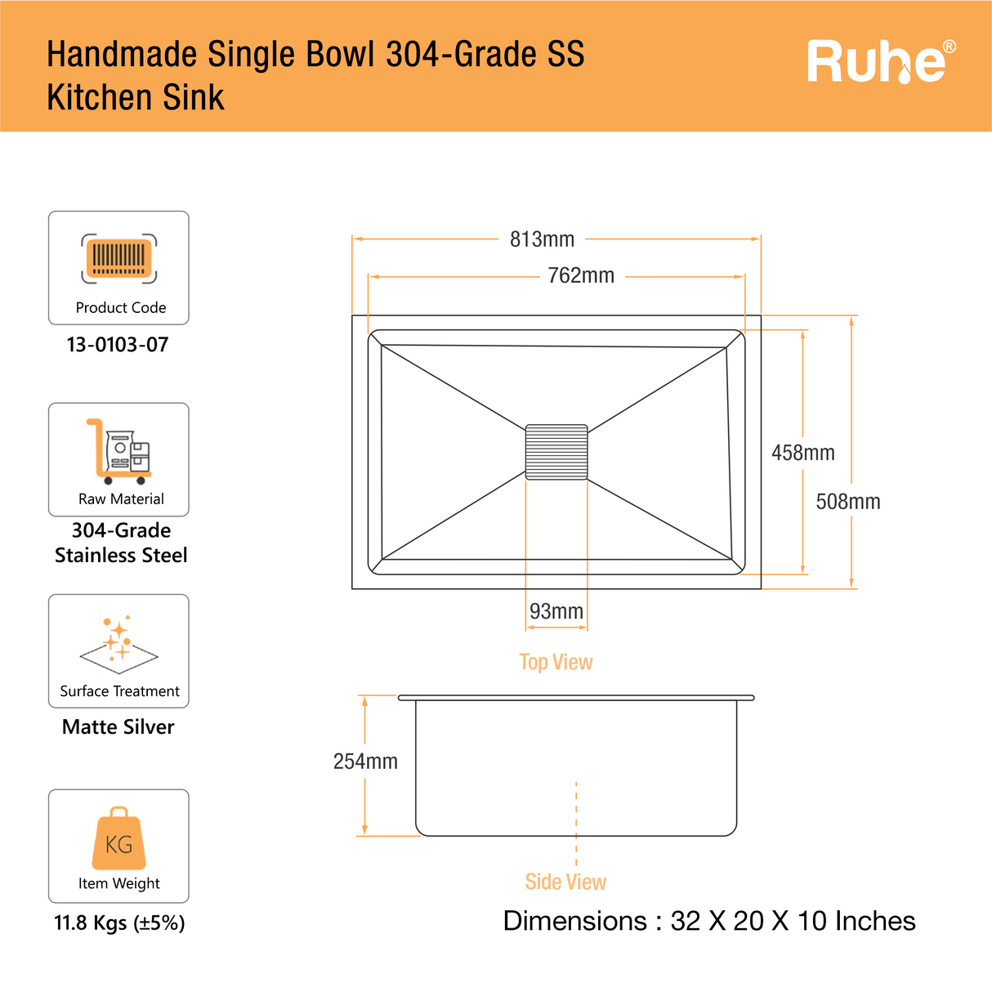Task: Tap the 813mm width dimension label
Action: click(542, 239)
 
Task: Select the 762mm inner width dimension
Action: click(581, 276)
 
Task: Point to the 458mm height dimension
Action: click(803, 453)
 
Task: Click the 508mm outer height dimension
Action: click(848, 502)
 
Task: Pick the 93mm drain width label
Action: click(556, 611)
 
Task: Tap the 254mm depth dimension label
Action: click(365, 762)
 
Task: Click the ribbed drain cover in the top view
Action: click(556, 452)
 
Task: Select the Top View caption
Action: click(556, 662)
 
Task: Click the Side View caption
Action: click(565, 882)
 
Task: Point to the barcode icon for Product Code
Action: click(119, 258)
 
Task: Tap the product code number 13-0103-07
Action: click(118, 344)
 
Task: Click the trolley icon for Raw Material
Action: click(119, 452)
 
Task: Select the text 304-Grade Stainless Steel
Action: click(121, 543)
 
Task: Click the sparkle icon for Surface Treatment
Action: click(119, 645)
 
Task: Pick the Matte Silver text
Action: click(118, 727)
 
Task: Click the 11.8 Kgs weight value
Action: click(119, 923)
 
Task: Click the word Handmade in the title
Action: click(122, 54)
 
